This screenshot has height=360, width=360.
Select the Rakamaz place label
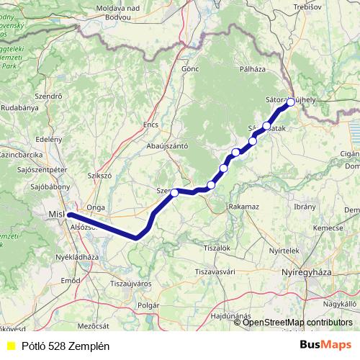(x=243, y=206)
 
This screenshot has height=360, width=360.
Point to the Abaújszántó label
(x=168, y=145)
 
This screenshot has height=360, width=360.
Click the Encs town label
(x=150, y=125)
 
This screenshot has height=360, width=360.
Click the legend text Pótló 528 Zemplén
(x=65, y=346)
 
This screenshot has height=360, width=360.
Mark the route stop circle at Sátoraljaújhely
(x=290, y=103)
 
